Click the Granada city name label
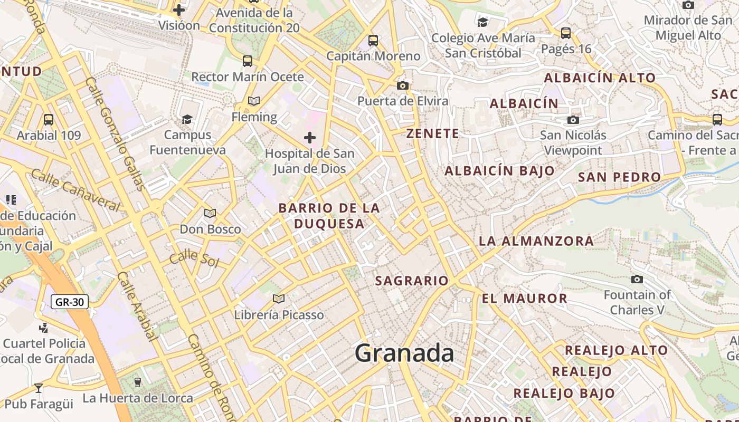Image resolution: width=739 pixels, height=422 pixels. click(x=404, y=352)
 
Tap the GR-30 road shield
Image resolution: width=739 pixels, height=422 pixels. click(x=70, y=302)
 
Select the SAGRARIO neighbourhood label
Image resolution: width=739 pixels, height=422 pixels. click(x=412, y=281)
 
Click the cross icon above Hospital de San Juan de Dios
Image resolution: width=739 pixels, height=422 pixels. click(x=310, y=138)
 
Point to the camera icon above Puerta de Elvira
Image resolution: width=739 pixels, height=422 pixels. click(x=403, y=85)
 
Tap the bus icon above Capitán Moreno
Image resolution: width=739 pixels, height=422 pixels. click(x=373, y=40)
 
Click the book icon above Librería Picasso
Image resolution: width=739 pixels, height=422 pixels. click(x=279, y=299)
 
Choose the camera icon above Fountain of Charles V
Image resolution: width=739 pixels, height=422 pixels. click(x=637, y=279)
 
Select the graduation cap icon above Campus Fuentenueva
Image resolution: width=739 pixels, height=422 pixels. click(x=187, y=119)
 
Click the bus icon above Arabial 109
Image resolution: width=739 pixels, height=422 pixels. click(x=49, y=120)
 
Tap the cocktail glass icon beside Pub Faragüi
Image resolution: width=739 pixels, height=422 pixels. click(x=39, y=389)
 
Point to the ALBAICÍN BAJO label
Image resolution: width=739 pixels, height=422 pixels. click(x=499, y=171)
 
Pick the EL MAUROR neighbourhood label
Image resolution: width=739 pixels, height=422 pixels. click(x=524, y=299)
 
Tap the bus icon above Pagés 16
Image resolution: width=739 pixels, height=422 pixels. click(x=566, y=33)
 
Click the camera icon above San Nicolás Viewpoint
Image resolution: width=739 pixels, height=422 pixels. click(x=573, y=120)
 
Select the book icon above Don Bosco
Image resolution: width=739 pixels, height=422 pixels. click(x=210, y=213)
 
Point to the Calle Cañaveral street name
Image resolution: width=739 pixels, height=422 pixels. click(x=75, y=189)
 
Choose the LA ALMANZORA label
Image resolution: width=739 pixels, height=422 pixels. click(x=536, y=242)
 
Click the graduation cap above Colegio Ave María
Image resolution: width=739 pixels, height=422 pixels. click(x=482, y=22)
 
